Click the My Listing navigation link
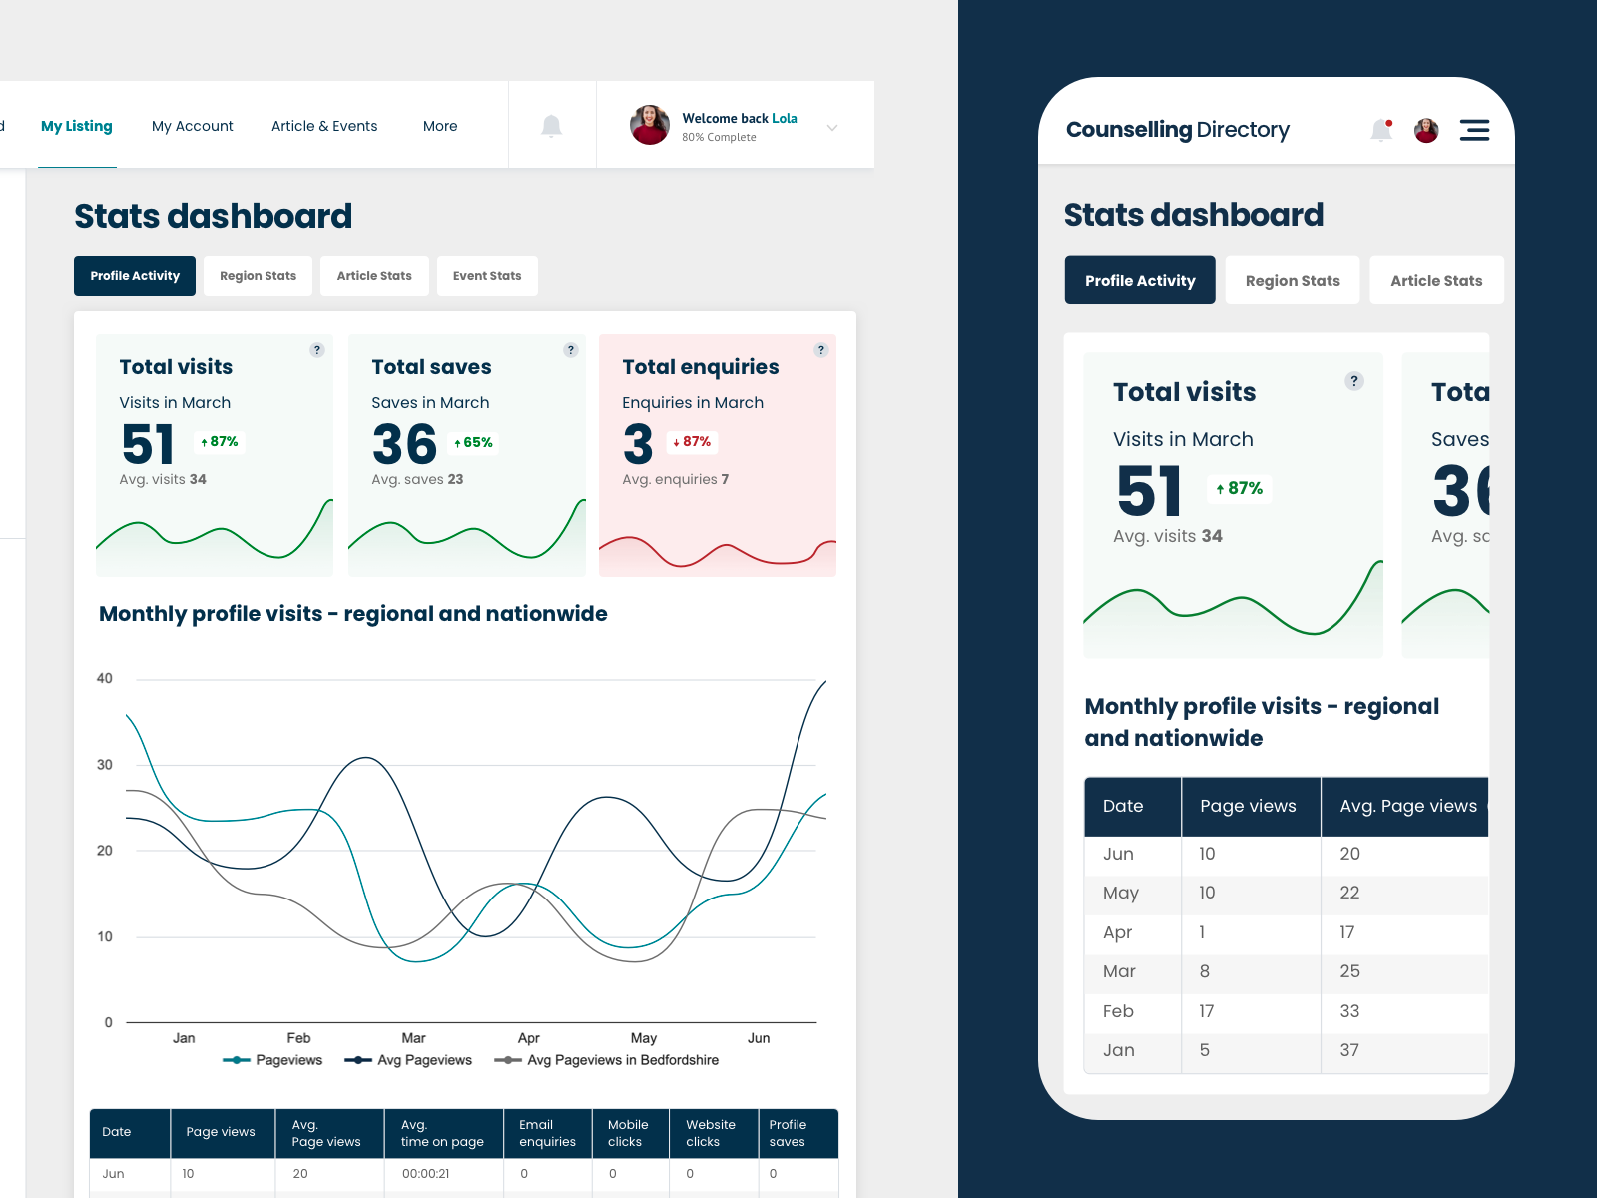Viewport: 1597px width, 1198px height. [76, 126]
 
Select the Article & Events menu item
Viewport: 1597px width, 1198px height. [324, 126]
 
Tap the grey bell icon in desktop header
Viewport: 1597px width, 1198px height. [551, 126]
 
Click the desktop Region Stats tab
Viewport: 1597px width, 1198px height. [258, 276]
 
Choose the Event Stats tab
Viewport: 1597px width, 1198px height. [487, 276]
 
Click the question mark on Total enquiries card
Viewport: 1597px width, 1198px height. [820, 350]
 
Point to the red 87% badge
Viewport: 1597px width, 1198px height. [692, 442]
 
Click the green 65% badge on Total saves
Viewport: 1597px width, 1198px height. [474, 443]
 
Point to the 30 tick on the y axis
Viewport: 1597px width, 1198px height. [105, 765]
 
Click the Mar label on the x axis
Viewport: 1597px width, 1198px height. [413, 1038]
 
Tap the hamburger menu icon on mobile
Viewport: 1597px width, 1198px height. [1474, 130]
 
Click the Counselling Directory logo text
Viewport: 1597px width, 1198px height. [1177, 130]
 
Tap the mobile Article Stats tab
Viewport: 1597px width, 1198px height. [1436, 281]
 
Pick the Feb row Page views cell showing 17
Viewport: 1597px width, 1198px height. [1207, 1011]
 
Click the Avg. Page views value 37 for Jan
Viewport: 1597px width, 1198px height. [1349, 1050]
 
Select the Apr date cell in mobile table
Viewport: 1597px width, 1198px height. [1117, 932]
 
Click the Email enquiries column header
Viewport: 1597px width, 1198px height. [547, 1133]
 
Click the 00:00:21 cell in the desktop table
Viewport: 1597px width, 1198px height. [425, 1174]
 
